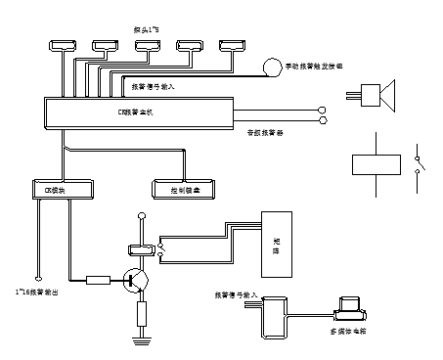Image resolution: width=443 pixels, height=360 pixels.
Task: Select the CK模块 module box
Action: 62,189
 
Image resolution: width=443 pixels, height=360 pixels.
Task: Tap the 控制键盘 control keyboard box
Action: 184,189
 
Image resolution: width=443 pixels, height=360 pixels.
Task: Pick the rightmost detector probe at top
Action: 234,45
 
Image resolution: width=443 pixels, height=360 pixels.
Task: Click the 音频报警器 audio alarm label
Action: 265,133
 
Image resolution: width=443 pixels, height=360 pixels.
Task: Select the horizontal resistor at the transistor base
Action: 99,280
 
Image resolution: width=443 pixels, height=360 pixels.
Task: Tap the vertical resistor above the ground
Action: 140,313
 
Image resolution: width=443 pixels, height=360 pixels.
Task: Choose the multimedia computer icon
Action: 346,308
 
